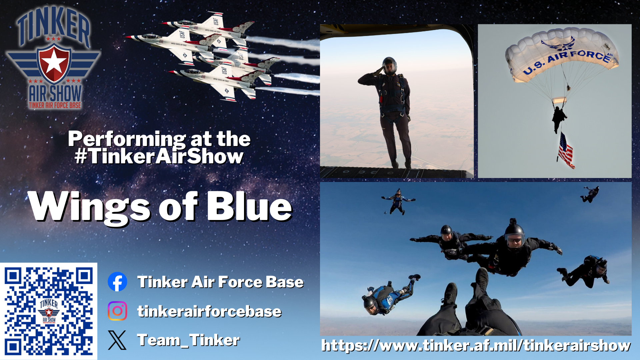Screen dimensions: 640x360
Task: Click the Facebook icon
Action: tap(117, 282)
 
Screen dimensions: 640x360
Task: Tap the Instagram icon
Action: tap(117, 311)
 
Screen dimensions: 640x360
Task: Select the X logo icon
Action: tap(117, 340)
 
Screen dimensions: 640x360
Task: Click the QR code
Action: tap(49, 311)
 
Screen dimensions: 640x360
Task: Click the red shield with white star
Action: tap(54, 63)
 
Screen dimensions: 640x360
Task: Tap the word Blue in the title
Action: tap(249, 207)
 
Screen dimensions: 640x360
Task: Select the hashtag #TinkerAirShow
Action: tap(159, 156)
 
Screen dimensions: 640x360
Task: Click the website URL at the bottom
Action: tap(476, 346)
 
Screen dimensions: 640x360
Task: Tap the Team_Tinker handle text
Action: tap(189, 340)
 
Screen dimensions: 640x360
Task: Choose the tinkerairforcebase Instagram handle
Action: tap(209, 311)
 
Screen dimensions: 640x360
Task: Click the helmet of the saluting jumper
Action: tap(389, 65)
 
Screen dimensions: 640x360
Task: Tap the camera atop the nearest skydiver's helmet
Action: tap(513, 222)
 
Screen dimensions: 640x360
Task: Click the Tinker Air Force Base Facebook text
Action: tap(221, 282)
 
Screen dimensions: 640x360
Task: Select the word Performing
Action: tap(127, 139)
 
